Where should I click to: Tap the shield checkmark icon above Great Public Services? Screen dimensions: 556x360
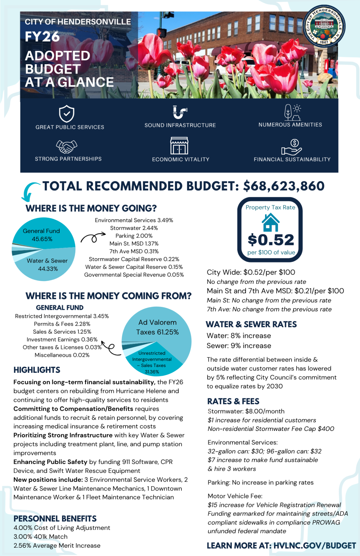point(66,113)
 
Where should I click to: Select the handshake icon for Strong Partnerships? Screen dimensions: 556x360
point(66,146)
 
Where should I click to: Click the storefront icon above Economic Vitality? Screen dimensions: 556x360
point(179,146)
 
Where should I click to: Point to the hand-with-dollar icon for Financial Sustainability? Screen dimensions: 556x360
point(292,147)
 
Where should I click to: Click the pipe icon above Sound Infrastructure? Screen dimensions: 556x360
point(180,112)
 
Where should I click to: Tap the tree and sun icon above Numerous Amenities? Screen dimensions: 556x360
point(292,112)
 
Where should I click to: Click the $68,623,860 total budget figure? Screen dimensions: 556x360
point(284,186)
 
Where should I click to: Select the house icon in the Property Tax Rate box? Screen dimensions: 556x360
point(270,223)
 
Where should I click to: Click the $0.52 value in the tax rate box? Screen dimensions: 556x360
point(271,240)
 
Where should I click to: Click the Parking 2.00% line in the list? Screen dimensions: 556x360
point(134,236)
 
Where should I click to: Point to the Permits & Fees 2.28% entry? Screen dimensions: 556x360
point(62,324)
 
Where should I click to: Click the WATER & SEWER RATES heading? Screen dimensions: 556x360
point(251,324)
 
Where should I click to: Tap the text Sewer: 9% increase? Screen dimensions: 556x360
point(239,346)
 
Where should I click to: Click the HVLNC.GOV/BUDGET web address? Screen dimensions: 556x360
point(315,545)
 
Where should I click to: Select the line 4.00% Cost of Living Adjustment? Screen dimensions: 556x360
point(62,528)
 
